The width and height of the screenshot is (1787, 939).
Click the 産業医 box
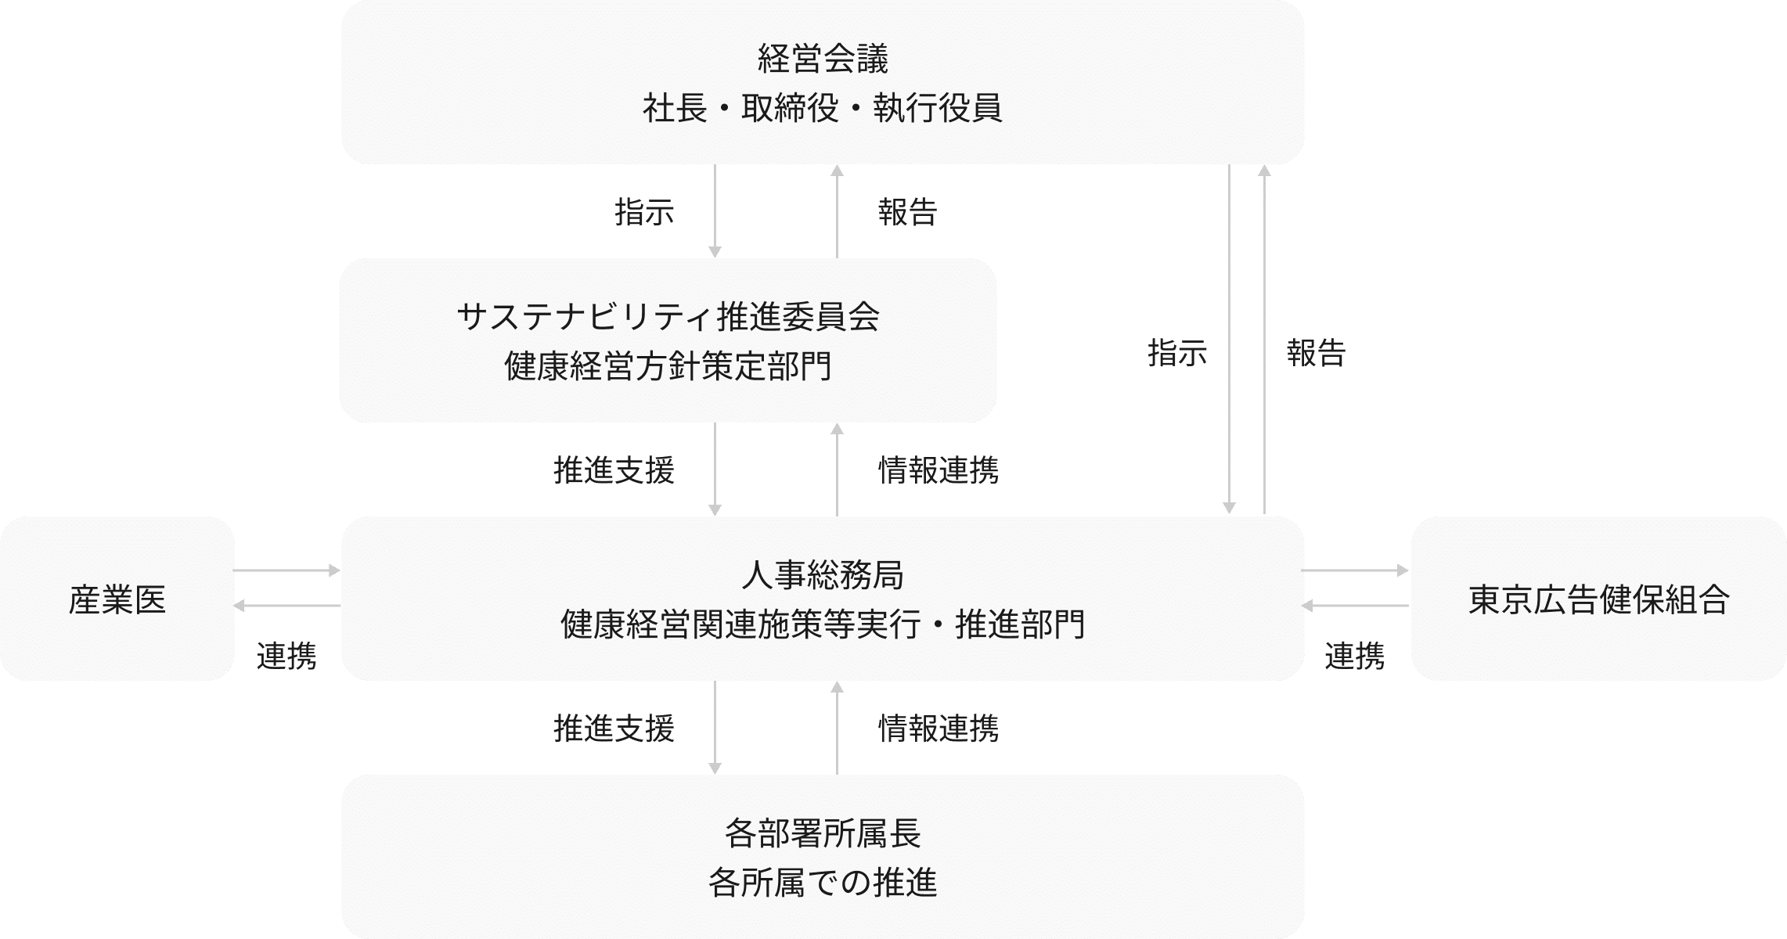[117, 599]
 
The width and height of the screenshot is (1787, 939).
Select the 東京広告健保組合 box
[1598, 599]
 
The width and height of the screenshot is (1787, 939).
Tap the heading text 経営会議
[823, 59]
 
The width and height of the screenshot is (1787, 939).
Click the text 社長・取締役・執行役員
[823, 108]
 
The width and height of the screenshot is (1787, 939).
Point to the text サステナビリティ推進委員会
[668, 317]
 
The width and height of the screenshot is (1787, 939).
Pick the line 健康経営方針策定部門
[668, 366]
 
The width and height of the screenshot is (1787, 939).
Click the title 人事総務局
[823, 575]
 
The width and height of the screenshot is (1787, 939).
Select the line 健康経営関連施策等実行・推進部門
[823, 624]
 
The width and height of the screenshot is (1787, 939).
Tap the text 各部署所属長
[823, 833]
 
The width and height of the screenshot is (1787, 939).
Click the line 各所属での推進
[823, 883]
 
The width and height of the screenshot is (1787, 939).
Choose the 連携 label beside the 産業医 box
[286, 656]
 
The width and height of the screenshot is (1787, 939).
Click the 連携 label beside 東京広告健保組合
[1354, 656]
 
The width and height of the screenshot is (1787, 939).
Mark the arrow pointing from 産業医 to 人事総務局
[287, 570]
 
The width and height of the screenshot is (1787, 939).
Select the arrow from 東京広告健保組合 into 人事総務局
[1356, 605]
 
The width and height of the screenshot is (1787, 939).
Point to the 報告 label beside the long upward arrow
[1316, 353]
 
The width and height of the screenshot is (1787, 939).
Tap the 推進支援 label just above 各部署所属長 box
[614, 729]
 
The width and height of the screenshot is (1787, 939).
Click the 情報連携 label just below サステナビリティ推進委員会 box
[939, 470]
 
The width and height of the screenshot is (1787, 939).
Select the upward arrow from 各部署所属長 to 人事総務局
[837, 728]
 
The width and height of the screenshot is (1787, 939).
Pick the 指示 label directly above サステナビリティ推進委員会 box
[644, 212]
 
